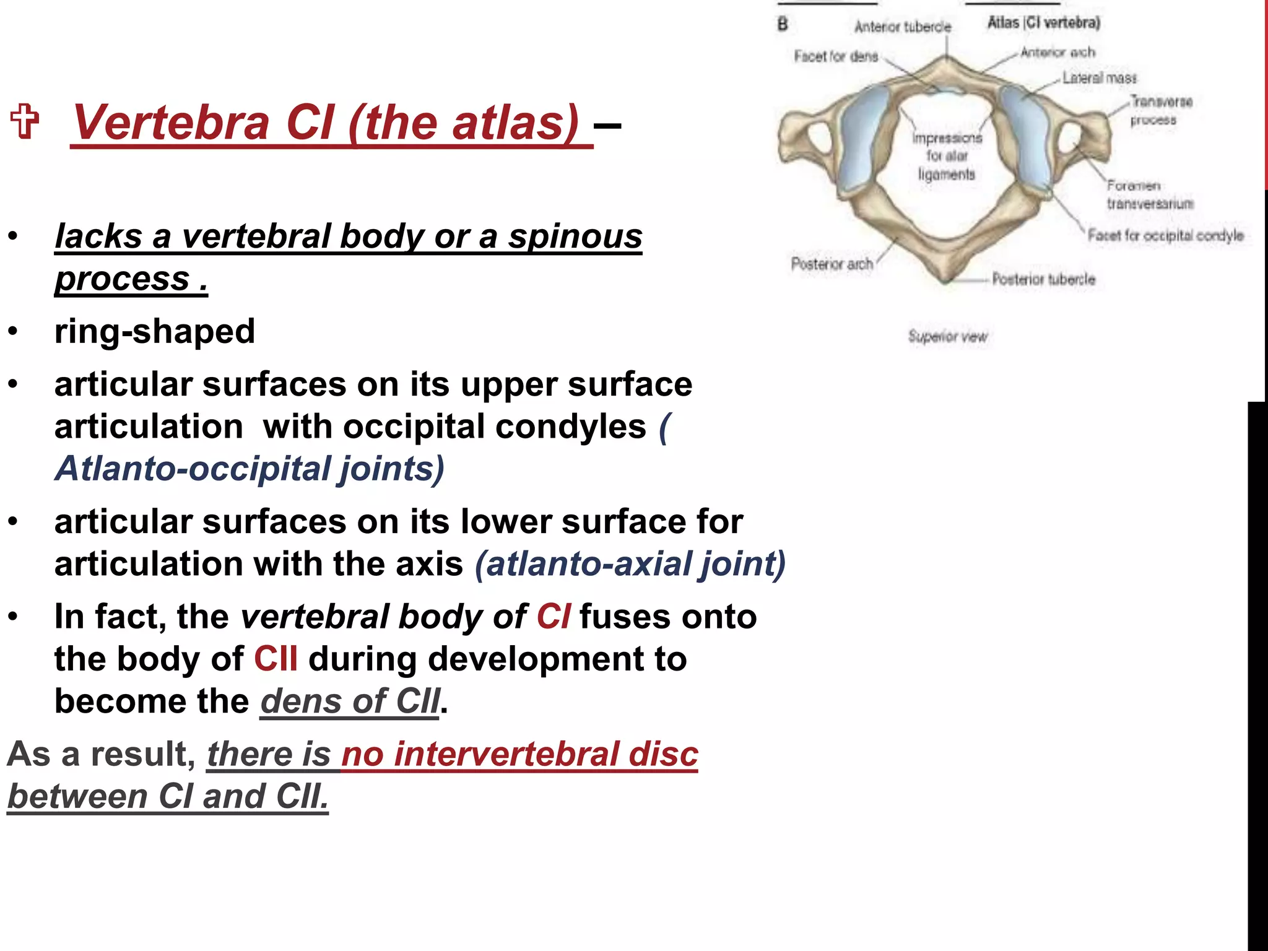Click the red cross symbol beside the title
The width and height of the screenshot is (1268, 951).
(25, 121)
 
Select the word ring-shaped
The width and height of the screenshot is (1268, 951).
(155, 331)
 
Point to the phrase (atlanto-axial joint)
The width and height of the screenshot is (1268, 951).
(630, 564)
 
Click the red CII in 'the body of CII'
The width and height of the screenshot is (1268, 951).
(276, 659)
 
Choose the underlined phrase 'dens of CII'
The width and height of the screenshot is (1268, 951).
(350, 701)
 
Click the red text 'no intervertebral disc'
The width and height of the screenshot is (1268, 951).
(519, 754)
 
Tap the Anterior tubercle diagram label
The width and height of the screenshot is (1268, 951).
(902, 27)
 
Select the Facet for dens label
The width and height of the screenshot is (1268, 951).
(836, 56)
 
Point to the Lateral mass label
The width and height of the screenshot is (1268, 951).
(1100, 78)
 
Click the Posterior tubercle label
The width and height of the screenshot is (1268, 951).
(1043, 279)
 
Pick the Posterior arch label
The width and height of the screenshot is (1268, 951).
(832, 264)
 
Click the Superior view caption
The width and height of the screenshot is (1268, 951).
(947, 336)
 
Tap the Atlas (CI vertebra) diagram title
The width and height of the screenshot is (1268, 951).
(1043, 23)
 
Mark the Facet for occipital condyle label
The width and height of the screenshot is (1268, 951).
(1165, 235)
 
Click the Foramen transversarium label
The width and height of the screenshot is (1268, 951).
(1150, 194)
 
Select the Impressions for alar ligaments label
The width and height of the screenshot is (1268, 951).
(947, 156)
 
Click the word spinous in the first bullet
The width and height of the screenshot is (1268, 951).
(575, 237)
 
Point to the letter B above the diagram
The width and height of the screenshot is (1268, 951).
(783, 24)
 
